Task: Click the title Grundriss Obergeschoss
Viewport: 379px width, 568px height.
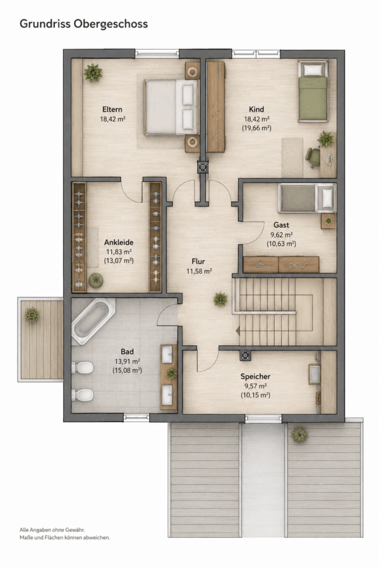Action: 83,24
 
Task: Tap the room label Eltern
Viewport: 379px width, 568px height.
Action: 112,109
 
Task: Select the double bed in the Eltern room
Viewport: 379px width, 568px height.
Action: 172,107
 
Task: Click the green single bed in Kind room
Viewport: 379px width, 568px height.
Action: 313,91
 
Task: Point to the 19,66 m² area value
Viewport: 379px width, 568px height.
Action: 256,128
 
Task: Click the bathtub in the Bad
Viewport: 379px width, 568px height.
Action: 93,321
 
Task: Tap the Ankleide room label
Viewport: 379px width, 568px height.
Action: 119,242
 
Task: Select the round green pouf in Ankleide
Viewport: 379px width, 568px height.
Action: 96,280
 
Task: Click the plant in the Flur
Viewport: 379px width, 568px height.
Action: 220,299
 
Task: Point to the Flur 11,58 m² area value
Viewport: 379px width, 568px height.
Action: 199,271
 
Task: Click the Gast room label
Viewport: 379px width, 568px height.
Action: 281,225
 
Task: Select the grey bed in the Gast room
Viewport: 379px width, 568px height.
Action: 307,198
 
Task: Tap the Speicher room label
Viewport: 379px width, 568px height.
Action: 255,376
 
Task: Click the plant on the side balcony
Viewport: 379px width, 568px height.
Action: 32,314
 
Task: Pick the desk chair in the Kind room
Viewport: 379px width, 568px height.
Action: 313,157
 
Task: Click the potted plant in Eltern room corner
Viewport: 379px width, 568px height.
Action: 93,73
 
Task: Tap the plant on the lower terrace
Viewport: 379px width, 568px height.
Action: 299,435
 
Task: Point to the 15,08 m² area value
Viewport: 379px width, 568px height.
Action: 127,370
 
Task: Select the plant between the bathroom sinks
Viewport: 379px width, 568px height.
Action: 171,374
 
